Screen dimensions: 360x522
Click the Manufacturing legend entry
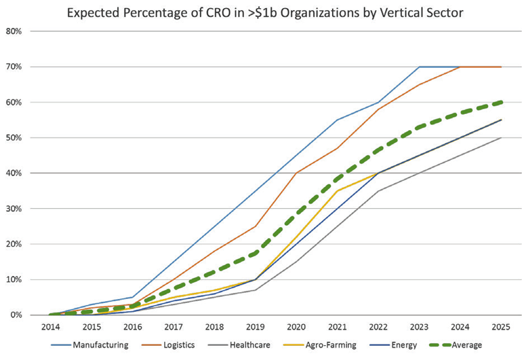[x=94, y=345]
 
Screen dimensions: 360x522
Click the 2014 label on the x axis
[x=49, y=327]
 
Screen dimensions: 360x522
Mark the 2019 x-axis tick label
[x=255, y=327]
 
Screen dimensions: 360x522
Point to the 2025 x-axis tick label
[x=501, y=327]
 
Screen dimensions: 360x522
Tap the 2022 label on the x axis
[x=378, y=327]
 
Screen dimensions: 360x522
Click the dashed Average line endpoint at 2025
[x=501, y=102]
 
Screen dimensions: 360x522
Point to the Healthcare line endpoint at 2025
[x=501, y=138]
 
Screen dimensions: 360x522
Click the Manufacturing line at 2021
[x=337, y=120]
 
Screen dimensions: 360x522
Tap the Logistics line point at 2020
[x=296, y=173]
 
